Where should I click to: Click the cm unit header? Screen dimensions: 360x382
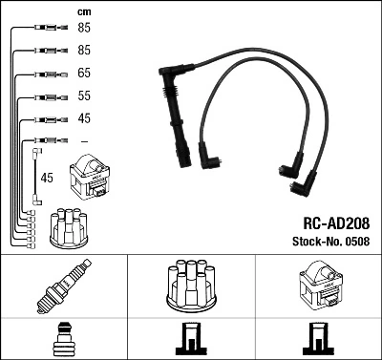pyautogui.click(x=83, y=11)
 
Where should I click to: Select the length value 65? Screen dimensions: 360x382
pyautogui.click(x=84, y=73)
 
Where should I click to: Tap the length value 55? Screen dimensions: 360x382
pyautogui.click(x=84, y=96)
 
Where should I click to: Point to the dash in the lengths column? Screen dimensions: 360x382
pyautogui.click(x=84, y=141)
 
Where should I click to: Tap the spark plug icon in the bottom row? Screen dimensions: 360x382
pyautogui.click(x=63, y=285)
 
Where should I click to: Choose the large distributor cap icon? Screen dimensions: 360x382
pyautogui.click(x=190, y=284)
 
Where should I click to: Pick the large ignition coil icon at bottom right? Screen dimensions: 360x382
pyautogui.click(x=318, y=284)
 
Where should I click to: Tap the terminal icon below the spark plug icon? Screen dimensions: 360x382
pyautogui.click(x=63, y=340)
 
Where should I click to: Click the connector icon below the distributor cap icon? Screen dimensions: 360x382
pyautogui.click(x=190, y=340)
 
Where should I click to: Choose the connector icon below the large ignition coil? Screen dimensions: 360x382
pyautogui.click(x=317, y=340)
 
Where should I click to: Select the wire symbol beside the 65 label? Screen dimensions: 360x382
pyautogui.click(x=44, y=74)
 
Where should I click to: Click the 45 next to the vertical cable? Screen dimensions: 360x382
pyautogui.click(x=48, y=177)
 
